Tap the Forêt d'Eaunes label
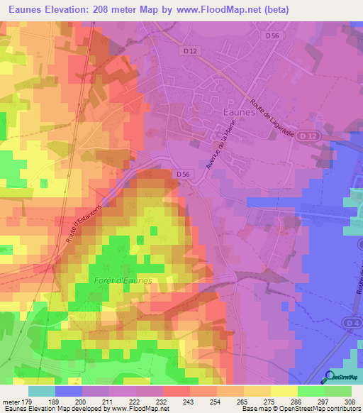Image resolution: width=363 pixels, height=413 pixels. tap(123, 281)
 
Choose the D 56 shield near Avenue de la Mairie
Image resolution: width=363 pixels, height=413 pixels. tap(183, 174)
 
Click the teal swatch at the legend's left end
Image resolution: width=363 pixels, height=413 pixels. tap(41, 391)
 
